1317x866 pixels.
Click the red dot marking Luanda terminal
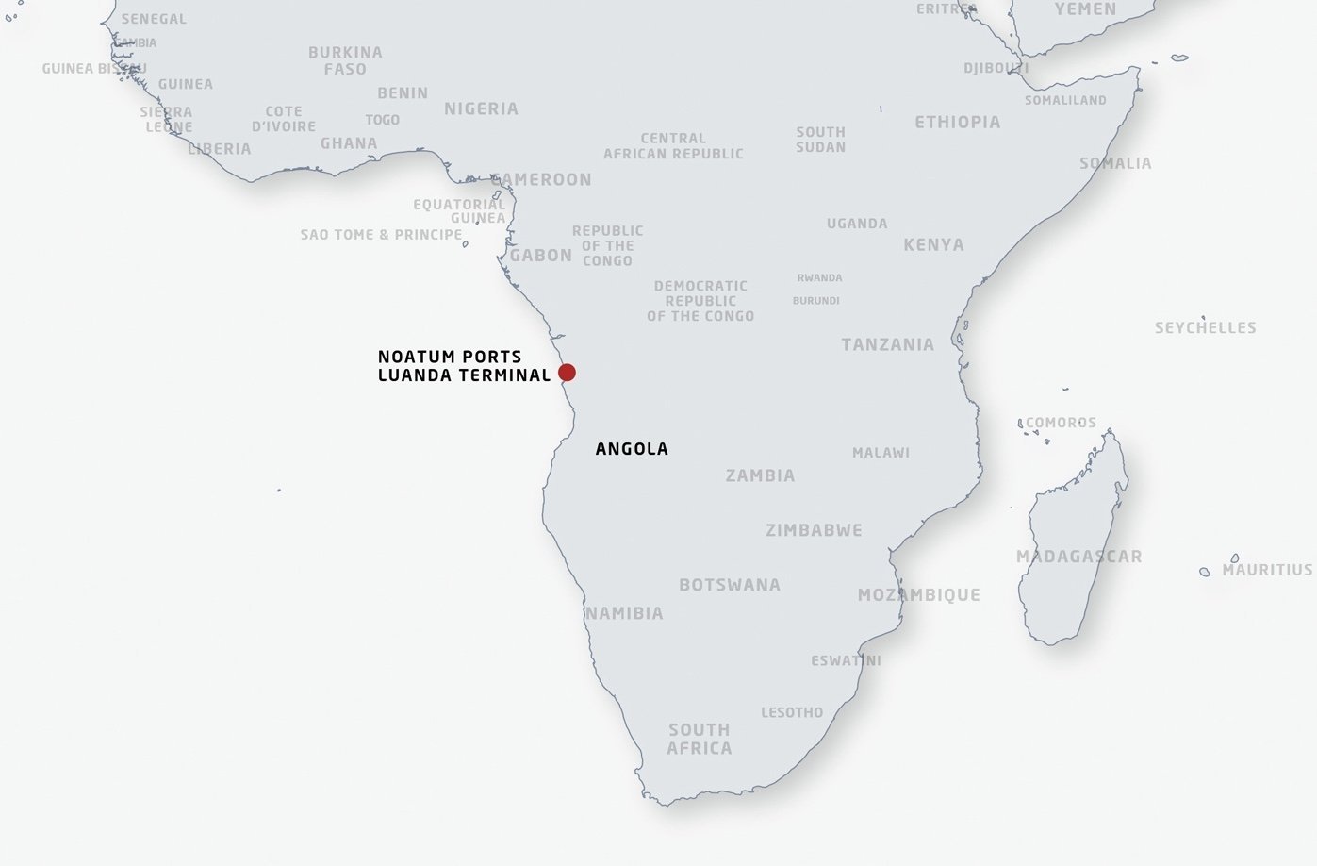(x=567, y=373)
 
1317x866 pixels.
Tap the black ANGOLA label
(x=632, y=449)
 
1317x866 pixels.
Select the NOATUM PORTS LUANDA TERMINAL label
(x=464, y=366)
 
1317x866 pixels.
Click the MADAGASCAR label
(x=1078, y=557)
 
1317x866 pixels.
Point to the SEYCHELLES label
(x=1205, y=328)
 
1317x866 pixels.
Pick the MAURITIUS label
(x=1267, y=570)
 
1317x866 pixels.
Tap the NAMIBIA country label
(x=624, y=613)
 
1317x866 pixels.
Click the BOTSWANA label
(x=730, y=585)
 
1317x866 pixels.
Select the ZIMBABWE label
(x=814, y=530)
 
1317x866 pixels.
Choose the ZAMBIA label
(x=760, y=475)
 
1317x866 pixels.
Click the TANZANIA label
(x=887, y=345)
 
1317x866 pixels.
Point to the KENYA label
(x=933, y=245)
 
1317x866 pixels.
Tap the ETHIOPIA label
(x=957, y=123)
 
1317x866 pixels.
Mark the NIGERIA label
(x=481, y=109)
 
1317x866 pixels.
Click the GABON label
(x=541, y=256)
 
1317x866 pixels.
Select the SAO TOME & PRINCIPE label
(x=381, y=235)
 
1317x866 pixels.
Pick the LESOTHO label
(x=792, y=712)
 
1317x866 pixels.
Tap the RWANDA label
(x=819, y=278)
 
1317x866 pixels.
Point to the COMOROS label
(x=1061, y=423)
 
